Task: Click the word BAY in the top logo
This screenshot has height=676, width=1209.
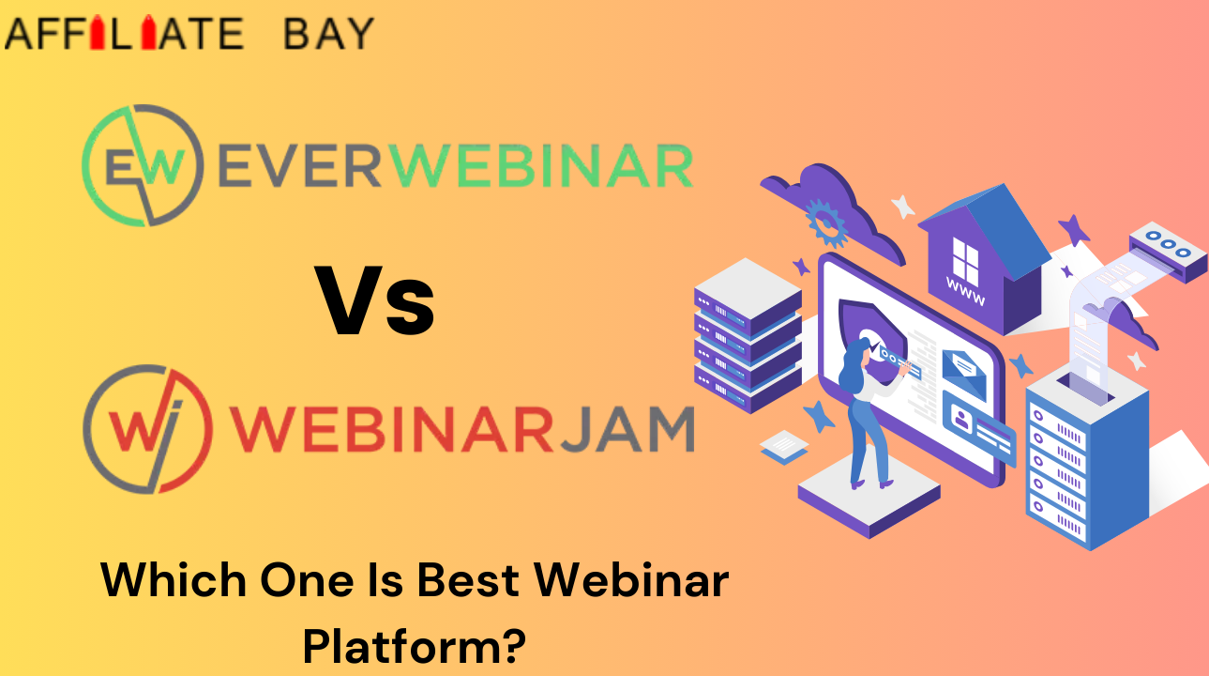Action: coord(328,34)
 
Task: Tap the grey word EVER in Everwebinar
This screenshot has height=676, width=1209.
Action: coord(300,166)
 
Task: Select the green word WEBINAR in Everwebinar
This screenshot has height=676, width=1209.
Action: coord(541,166)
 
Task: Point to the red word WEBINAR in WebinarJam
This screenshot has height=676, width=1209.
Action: coord(392,429)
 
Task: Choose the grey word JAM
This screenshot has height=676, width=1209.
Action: coord(627,429)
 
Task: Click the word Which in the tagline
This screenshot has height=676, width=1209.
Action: coord(174,580)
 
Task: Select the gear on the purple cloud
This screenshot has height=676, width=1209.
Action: coord(825,223)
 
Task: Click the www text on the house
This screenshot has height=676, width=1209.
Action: coord(965,295)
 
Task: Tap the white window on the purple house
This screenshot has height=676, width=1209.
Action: coord(965,260)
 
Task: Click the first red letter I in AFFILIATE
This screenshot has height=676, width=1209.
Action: coord(98,33)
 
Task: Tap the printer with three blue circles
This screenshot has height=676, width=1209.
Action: coord(1168,252)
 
